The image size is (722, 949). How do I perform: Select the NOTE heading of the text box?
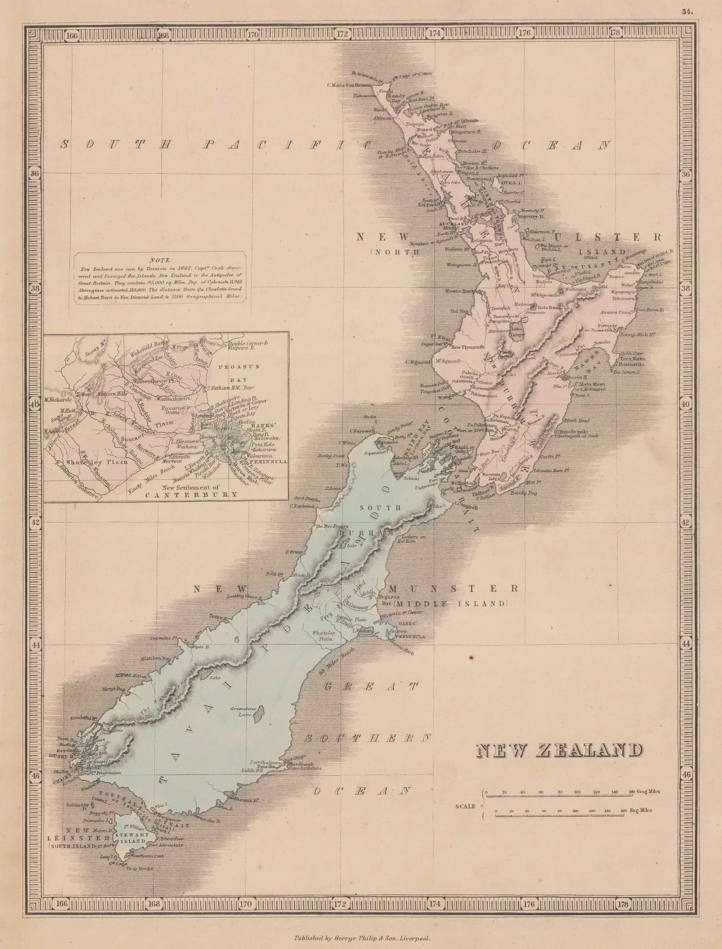160,260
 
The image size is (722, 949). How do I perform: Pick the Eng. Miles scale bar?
555,815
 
